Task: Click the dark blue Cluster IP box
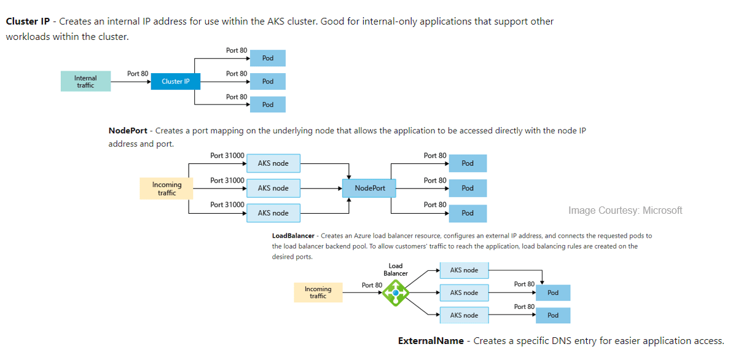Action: pos(175,81)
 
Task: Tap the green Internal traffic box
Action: pos(85,81)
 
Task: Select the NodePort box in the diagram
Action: pos(369,188)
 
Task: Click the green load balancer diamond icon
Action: pos(396,293)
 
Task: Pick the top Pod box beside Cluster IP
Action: pos(268,58)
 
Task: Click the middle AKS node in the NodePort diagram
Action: pos(273,188)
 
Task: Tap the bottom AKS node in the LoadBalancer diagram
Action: pos(464,315)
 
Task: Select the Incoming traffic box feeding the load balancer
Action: pos(318,292)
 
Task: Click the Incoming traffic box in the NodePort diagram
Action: pos(167,189)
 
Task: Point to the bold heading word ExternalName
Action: pos(431,341)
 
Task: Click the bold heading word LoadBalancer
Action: pos(293,236)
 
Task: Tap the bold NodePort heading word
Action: pos(128,131)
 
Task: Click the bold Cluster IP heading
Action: pos(28,22)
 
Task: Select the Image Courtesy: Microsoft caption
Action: pos(625,211)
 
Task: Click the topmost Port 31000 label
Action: pos(227,155)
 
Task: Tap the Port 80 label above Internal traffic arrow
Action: pos(138,74)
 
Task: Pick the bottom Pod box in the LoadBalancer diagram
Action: pos(553,315)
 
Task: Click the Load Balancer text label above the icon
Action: pos(396,270)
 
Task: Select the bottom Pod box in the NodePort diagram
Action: pos(468,213)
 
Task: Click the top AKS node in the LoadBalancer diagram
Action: pos(464,270)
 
